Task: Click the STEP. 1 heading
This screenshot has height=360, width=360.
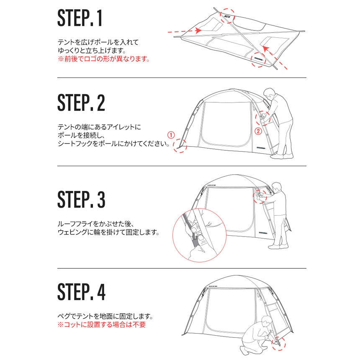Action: pos(80,19)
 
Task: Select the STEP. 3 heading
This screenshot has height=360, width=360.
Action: pos(81,200)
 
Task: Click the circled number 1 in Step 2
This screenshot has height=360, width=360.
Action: pos(170,135)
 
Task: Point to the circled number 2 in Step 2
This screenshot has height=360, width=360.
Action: pos(258,131)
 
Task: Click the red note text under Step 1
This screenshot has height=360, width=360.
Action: pos(104,59)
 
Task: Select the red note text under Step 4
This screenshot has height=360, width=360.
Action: pos(101,325)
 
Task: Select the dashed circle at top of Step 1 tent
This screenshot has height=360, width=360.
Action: pos(228,15)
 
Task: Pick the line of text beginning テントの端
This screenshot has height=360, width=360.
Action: pos(100,126)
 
